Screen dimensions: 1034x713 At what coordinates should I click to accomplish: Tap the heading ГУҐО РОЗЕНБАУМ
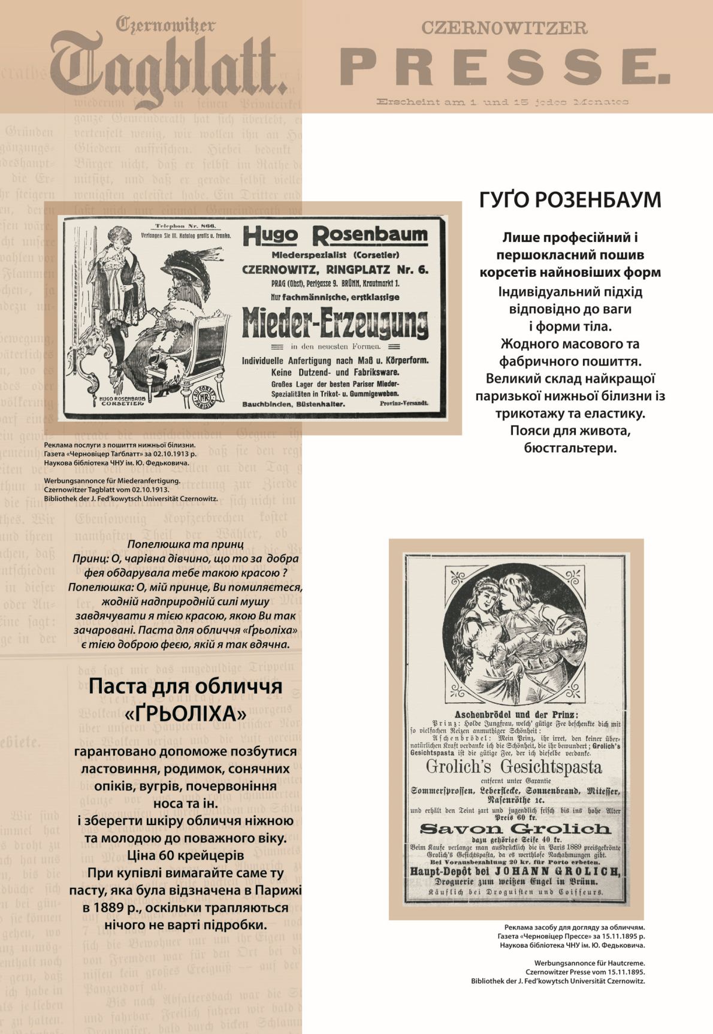(570, 201)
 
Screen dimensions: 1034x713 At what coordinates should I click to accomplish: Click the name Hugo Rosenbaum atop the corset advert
(335, 235)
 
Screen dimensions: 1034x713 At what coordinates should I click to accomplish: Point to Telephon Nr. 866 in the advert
(185, 226)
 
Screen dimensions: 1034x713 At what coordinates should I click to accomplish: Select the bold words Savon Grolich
(515, 829)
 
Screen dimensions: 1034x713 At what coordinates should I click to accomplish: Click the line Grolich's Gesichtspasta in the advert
(513, 766)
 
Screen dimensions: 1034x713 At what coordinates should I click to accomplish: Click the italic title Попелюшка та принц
(185, 545)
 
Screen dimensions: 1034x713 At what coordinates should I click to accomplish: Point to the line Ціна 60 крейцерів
(185, 855)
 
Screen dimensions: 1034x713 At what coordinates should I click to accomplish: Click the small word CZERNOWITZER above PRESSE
(504, 28)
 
